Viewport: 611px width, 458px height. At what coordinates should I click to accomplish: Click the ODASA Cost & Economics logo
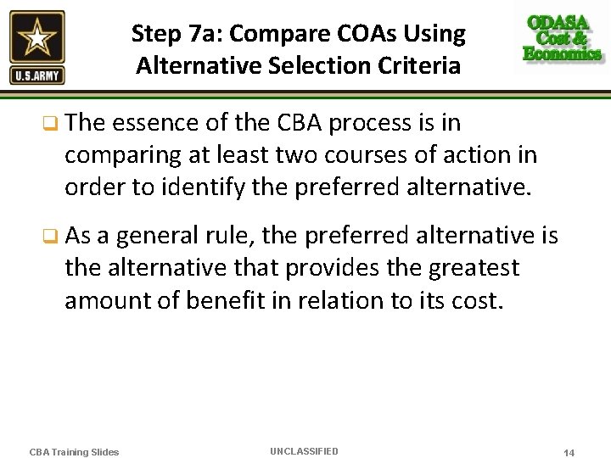click(562, 38)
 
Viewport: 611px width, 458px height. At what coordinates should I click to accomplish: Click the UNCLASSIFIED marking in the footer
click(304, 451)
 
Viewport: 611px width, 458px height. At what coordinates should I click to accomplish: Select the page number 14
click(569, 453)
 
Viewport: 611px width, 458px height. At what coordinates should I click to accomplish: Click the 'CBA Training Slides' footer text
click(74, 452)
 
